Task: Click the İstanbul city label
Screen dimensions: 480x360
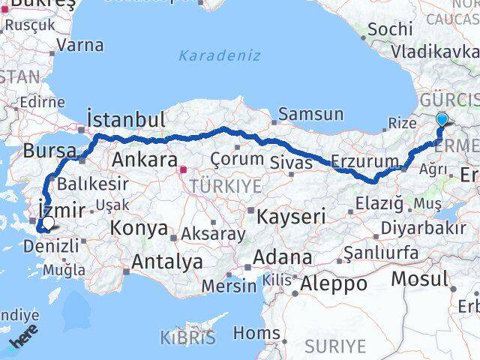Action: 125,119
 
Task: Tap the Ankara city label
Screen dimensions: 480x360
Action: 144,160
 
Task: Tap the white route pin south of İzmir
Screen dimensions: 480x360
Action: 48,223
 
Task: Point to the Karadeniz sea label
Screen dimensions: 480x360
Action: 220,55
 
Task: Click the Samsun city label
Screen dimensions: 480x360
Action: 311,115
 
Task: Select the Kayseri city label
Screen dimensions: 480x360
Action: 291,217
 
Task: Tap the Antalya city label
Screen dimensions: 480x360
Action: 167,262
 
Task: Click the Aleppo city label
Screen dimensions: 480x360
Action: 334,284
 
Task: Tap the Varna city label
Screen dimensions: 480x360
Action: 80,44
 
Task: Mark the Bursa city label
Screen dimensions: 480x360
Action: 49,151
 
